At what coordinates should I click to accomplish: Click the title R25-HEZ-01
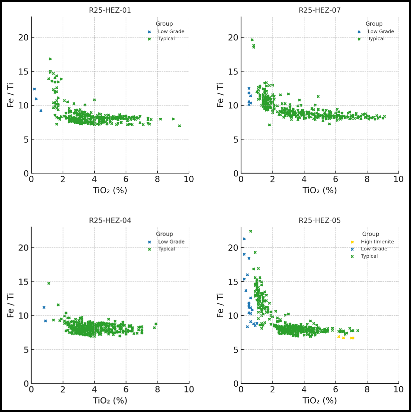pos(110,10)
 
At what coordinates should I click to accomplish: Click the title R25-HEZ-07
pos(320,10)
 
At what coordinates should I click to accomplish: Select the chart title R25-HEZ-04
pos(110,220)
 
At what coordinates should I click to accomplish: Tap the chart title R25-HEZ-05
pos(320,220)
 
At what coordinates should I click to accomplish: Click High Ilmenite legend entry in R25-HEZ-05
pos(377,242)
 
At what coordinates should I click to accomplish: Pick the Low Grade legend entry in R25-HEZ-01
pos(171,31)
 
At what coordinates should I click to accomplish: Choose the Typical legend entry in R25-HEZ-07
pos(376,39)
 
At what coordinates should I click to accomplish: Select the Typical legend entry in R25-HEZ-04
pos(166,249)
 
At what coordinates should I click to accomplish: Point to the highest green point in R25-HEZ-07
pos(252,40)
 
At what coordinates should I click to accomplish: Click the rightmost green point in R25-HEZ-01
pos(180,126)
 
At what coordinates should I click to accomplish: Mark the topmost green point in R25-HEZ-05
pos(251,231)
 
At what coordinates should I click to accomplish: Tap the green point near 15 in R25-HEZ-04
pos(49,283)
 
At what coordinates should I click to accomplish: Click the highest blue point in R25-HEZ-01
pos(34,89)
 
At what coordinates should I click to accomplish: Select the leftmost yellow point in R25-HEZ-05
pos(339,337)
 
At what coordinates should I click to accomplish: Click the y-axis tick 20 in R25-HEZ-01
pos(23,38)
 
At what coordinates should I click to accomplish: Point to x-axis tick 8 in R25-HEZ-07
pos(367,179)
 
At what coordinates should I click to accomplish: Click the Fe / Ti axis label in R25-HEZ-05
pos(220,305)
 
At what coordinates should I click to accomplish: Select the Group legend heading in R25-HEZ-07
pos(374,24)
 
